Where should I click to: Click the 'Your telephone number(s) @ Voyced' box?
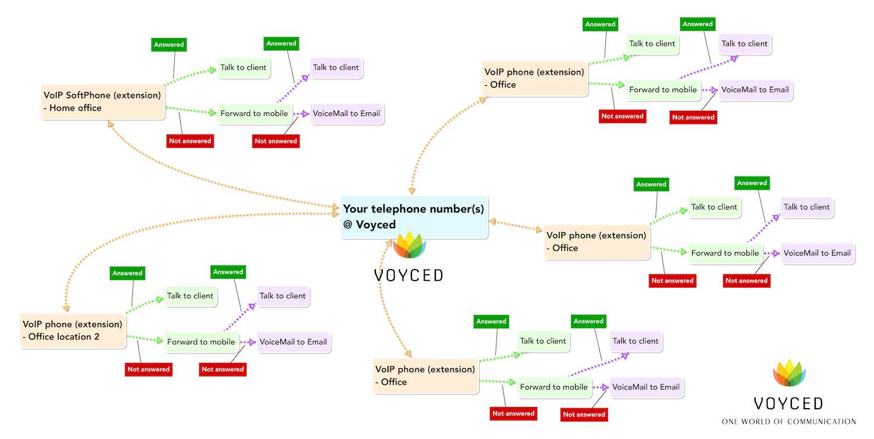[414, 217]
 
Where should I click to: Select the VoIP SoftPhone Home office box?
[103, 102]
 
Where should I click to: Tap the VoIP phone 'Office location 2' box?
[73, 331]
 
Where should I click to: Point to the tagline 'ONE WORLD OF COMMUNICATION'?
[788, 422]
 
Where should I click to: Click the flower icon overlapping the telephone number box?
[409, 245]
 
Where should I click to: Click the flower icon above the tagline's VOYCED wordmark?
[790, 373]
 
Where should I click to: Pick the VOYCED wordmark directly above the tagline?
[788, 403]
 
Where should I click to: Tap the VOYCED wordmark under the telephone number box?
[408, 275]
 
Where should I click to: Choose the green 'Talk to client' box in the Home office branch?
[244, 68]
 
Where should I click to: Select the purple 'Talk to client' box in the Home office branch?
[336, 68]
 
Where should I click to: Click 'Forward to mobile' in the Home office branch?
[255, 114]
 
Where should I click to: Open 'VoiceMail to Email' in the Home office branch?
[347, 114]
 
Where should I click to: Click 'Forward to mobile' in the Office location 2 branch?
[202, 342]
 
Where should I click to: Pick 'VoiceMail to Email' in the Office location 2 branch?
[294, 342]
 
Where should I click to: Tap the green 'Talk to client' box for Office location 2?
[191, 296]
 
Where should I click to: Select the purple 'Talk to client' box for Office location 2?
[283, 296]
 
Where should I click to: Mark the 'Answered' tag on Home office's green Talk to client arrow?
[169, 44]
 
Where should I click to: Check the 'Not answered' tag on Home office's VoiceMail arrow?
[276, 141]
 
